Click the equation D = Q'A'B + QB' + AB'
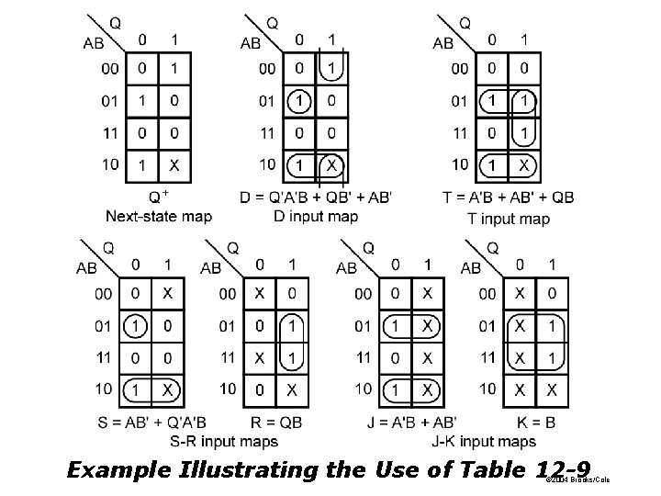317,197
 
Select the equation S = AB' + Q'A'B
151,423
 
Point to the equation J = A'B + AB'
406,423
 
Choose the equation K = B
534,423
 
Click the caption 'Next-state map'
159,217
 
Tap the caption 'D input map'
316,216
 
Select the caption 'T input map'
508,218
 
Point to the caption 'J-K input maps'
483,442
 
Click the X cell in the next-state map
174,166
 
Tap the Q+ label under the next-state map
158,196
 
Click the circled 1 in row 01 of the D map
298,101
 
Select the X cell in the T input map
523,166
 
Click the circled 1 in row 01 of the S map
135,326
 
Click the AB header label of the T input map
443,42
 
